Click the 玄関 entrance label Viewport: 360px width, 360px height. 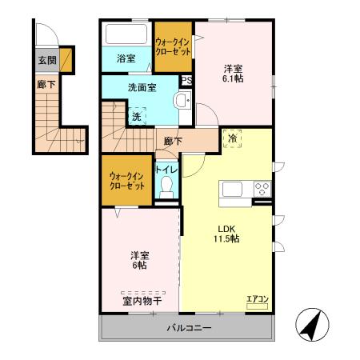point(47,59)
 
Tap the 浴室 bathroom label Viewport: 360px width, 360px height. point(126,58)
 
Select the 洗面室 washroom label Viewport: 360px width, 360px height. point(142,87)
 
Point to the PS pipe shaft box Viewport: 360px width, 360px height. point(186,80)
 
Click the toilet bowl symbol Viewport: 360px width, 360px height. point(167,186)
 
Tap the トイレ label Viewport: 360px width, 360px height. point(166,170)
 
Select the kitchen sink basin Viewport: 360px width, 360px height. point(233,190)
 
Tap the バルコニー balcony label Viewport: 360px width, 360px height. point(190,327)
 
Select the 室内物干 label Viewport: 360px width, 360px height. point(142,301)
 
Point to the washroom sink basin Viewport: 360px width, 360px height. point(182,101)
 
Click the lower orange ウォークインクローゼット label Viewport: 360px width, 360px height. point(127,180)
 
